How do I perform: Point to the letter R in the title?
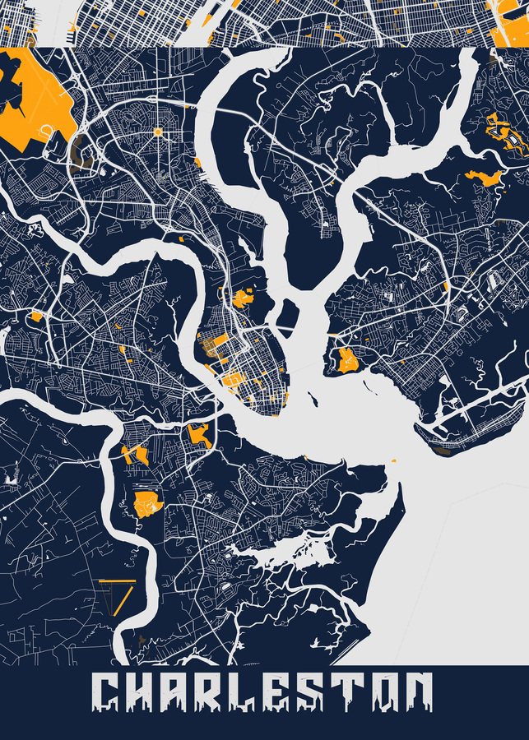[x=224, y=693]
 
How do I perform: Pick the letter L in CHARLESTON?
[x=262, y=693]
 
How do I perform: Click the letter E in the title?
[x=300, y=693]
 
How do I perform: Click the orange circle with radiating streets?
[x=158, y=132]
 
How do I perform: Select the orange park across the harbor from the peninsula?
[x=346, y=360]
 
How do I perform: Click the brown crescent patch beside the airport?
[x=78, y=152]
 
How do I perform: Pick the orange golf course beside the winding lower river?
[x=148, y=504]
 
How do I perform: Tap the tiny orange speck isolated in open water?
[x=393, y=460]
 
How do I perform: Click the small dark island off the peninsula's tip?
[x=312, y=400]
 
